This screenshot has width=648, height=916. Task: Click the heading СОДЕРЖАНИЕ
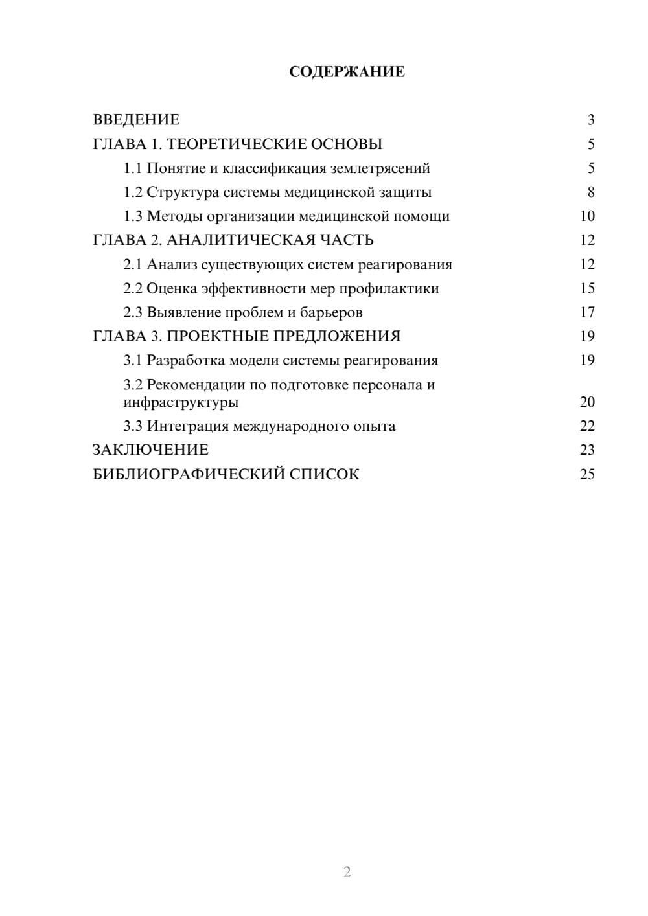coord(347,72)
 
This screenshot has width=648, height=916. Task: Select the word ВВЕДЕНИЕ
coord(136,120)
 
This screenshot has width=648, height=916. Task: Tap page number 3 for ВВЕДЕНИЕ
coord(591,120)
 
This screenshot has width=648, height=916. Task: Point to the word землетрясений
coord(380,168)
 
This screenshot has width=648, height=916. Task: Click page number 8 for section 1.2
coord(591,192)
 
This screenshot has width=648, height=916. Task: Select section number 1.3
coord(133,216)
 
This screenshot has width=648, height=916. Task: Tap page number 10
coord(587,216)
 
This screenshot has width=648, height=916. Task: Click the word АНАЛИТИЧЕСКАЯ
coord(242,240)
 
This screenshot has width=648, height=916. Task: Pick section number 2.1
coord(133,264)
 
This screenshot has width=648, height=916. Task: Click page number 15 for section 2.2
coord(587,288)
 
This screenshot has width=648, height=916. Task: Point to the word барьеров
coord(331,313)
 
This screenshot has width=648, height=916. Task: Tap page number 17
coord(587,313)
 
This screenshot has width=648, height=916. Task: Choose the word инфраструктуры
coord(181,402)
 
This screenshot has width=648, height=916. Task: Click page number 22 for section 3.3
coord(587,426)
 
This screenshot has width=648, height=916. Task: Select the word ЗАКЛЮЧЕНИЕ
coord(150,450)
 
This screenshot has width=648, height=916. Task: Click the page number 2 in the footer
coord(347,872)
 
